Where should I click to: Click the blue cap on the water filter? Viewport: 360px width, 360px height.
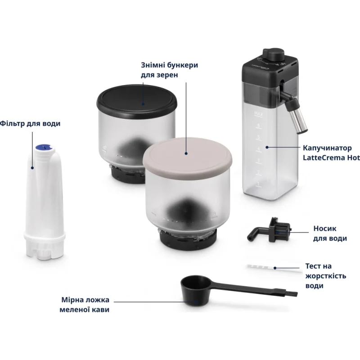coord(43,147)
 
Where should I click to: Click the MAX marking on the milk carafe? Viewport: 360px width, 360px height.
coord(258,113)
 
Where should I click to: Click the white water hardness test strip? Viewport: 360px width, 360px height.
coord(275,268)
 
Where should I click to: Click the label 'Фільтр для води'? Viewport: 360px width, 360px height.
coord(30,123)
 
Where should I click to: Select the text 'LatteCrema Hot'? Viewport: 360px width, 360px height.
coord(331,158)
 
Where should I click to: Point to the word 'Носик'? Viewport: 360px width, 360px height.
coord(324,229)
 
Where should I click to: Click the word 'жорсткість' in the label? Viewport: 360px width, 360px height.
coord(325,276)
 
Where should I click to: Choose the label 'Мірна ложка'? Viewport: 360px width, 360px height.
coord(85,300)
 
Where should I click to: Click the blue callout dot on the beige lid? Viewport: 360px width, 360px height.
coord(186,153)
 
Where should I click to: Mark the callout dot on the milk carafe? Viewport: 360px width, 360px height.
coord(267,147)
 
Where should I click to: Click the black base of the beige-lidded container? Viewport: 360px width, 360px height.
coord(188,240)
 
